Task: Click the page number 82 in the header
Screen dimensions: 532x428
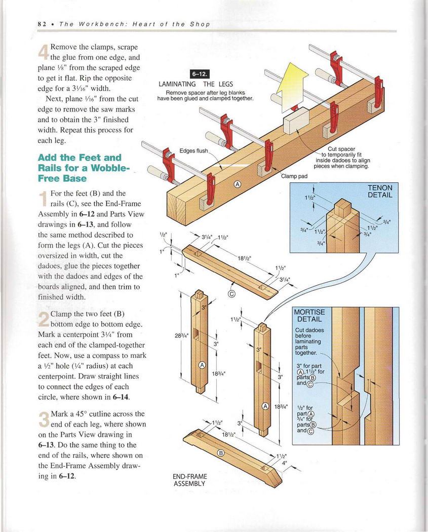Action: point(42,24)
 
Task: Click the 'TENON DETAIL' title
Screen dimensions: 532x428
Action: point(380,191)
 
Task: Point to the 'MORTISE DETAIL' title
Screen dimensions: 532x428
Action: point(309,316)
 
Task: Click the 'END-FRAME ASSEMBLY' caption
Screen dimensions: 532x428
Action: point(189,480)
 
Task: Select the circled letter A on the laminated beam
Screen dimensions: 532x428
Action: point(237,184)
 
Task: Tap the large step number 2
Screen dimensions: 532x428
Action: point(44,319)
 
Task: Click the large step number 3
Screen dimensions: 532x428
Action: point(44,419)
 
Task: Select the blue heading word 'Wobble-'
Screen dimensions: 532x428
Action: point(110,168)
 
